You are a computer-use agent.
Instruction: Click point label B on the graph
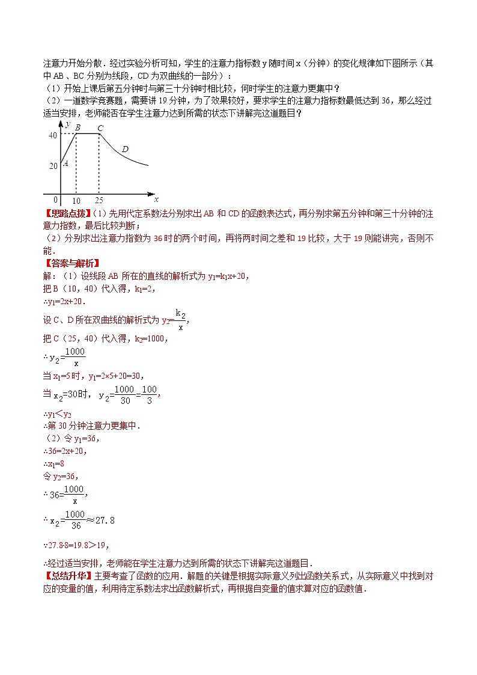77,127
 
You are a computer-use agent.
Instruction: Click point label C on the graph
100,127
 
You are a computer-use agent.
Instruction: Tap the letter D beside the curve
125,148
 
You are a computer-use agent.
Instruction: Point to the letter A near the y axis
65,163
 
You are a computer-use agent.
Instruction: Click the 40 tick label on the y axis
53,136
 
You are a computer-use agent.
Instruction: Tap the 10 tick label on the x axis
76,200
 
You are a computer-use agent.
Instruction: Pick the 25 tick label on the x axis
99,200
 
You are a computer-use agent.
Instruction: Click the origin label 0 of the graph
55,200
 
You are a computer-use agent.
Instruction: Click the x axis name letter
156,198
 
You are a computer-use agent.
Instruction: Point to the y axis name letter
68,124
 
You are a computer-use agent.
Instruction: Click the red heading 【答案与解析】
71,263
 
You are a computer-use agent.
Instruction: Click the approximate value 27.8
103,520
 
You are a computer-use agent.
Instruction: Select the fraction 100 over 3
149,395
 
